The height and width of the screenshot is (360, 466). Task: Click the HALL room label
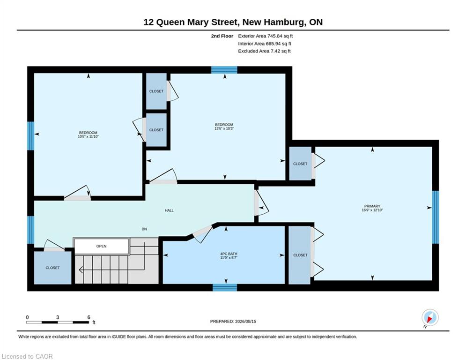coord(169,210)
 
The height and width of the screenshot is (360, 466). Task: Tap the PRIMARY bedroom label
coord(372,206)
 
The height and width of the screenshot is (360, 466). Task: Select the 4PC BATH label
coord(229,254)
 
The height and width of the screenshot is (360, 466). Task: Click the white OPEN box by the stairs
coord(101,246)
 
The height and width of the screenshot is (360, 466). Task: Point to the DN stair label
coord(144,229)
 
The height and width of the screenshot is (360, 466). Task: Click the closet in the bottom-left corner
coord(52,268)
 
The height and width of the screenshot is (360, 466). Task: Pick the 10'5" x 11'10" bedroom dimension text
coord(88,136)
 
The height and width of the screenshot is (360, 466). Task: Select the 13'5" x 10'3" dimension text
coord(224,128)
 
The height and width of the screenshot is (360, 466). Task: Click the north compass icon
coord(430,317)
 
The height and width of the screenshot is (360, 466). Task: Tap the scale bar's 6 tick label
coord(89,317)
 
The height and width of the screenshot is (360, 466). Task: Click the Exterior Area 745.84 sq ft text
coord(266,36)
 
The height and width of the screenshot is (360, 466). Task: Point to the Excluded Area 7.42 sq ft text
coord(264,51)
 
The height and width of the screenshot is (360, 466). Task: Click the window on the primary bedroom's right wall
coord(436,217)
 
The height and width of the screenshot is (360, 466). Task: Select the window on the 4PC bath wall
coord(225,287)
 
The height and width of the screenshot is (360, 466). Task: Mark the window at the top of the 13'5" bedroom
coord(224,70)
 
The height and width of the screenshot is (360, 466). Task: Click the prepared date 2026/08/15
coord(245,321)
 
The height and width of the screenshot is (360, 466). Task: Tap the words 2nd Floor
coord(222,36)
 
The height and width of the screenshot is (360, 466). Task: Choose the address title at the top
coord(233,22)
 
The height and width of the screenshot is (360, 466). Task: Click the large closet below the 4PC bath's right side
coord(300,255)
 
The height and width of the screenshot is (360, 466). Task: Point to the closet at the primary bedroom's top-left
coord(300,164)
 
